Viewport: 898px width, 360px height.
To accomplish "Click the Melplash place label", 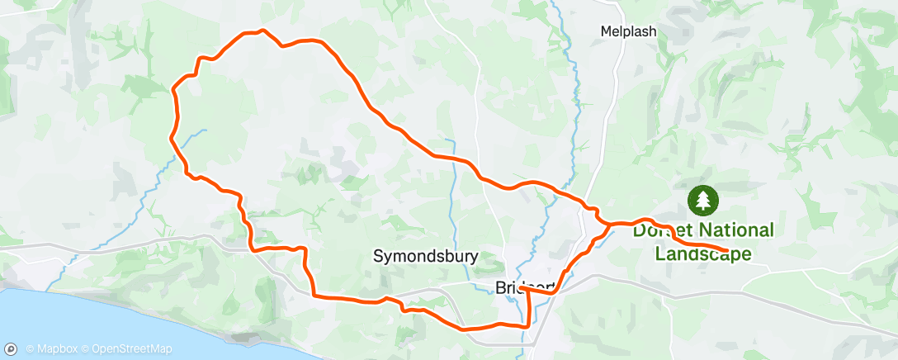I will tap(628, 31).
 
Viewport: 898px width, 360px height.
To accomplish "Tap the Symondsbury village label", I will tap(425, 256).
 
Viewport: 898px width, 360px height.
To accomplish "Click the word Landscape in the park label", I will tap(703, 253).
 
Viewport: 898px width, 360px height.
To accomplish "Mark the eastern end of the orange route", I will tap(726, 249).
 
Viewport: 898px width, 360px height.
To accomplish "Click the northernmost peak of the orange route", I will tap(262, 31).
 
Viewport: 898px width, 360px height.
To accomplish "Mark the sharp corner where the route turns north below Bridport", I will tap(527, 326).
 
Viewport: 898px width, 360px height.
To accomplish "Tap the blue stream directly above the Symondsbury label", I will tap(451, 198).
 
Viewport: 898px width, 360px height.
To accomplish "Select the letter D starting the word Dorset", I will tap(640, 230).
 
